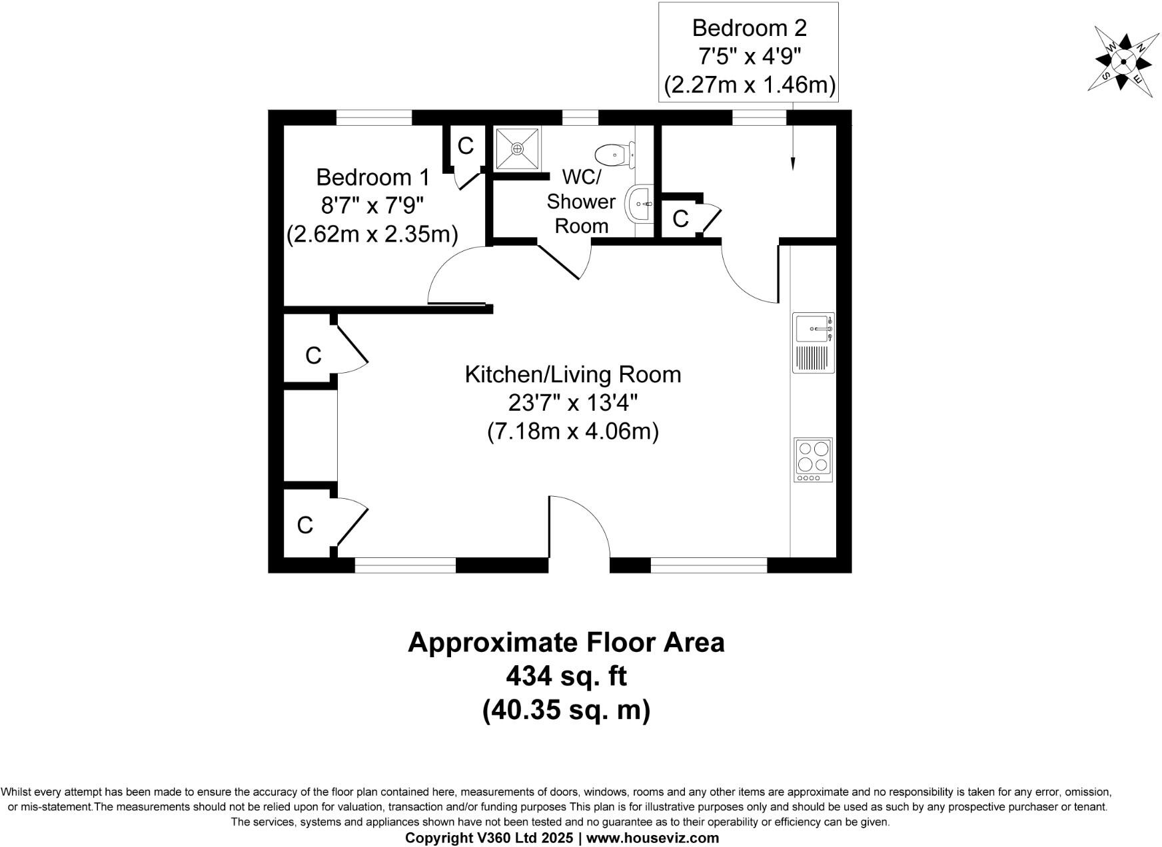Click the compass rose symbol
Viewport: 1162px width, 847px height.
1123,61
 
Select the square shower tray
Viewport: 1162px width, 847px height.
518,149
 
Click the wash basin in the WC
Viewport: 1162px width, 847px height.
639,204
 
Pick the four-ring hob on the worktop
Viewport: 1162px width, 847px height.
813,459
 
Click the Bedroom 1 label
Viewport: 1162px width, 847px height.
372,177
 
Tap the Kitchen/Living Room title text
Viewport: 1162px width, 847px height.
572,374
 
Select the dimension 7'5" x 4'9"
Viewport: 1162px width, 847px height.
749,57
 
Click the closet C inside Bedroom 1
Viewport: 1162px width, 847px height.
465,146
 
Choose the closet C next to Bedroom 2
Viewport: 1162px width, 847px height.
680,219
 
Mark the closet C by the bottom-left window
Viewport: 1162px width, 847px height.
304,525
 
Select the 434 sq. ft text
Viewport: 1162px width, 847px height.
566,677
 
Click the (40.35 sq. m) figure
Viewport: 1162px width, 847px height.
566,710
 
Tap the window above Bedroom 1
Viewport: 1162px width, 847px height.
374,118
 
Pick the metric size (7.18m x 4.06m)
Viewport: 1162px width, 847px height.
572,431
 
